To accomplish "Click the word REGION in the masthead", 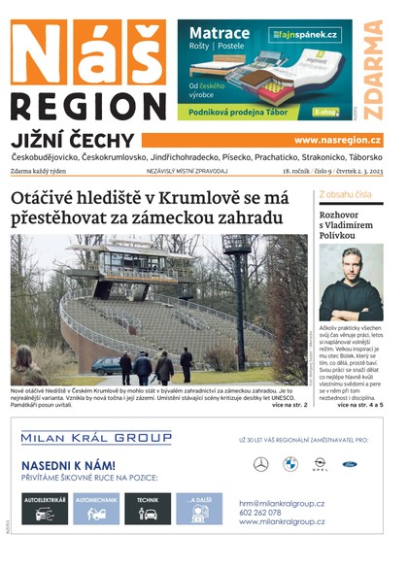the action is pos(87,107).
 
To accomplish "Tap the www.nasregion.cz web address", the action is pos(337,140).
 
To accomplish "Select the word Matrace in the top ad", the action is pos(215,33).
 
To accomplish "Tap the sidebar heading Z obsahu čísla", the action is pos(346,195).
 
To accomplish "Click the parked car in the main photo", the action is pos(106,365).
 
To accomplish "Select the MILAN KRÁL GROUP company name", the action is pos(95,439).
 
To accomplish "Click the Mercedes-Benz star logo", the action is pos(260,464).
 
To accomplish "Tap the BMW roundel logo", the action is pos(289,464).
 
